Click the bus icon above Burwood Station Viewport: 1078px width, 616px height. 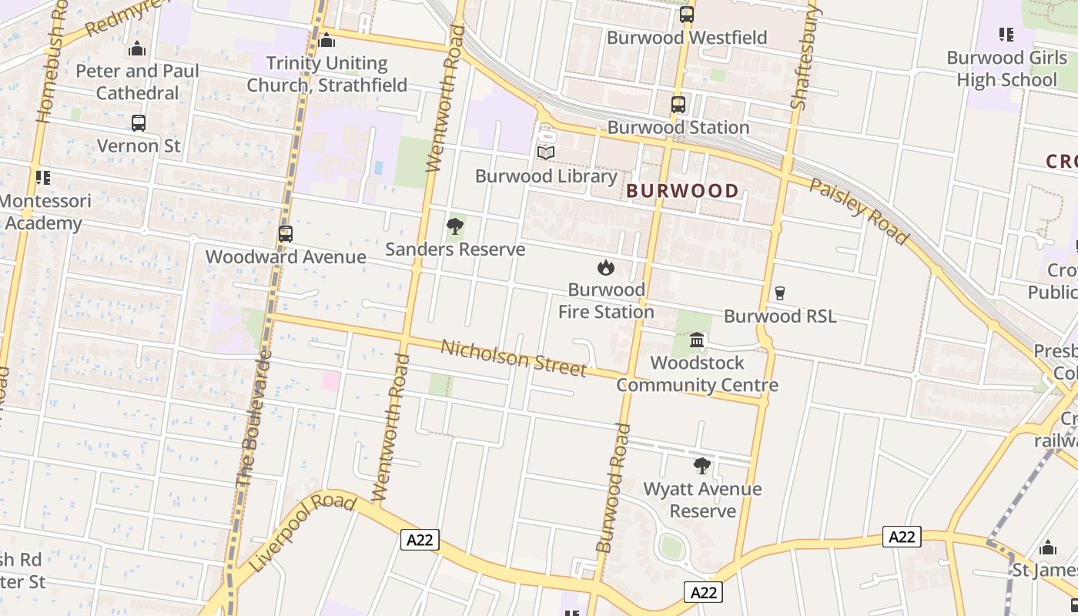678,105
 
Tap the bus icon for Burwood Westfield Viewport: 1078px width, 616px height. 687,15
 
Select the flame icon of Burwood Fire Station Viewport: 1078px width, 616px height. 606,268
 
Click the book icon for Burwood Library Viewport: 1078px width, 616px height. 546,152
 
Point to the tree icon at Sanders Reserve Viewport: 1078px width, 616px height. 455,226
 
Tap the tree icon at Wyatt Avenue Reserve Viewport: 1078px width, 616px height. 701,466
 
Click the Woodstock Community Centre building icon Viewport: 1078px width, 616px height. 697,340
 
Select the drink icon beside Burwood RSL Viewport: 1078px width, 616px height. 779,293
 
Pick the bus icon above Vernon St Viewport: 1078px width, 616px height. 139,123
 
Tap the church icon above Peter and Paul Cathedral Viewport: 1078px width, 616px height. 137,49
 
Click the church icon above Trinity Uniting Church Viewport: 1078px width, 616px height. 326,40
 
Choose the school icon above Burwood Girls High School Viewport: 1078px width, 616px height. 1006,35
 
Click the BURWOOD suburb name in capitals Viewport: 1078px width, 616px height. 682,190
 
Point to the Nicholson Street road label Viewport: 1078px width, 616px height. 514,358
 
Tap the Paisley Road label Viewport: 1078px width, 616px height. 858,211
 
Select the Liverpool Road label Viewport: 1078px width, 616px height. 303,533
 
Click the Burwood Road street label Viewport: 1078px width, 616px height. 613,488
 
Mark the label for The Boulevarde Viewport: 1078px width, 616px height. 254,420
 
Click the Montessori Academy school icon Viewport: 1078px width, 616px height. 43,178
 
